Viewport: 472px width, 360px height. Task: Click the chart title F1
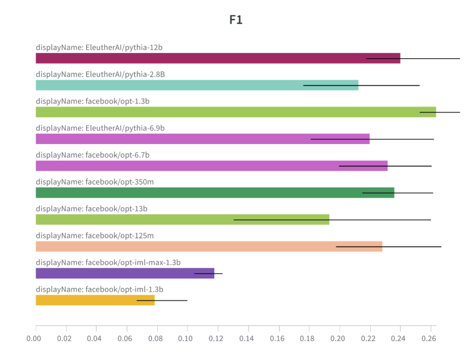pyautogui.click(x=236, y=20)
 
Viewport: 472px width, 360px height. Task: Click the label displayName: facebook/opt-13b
pyautogui.click(x=92, y=209)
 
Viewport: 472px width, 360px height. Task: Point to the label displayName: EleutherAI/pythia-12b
pyautogui.click(x=99, y=48)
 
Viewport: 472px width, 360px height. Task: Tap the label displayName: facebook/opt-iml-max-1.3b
pyautogui.click(x=108, y=262)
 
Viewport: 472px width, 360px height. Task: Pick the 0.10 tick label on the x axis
pyautogui.click(x=186, y=339)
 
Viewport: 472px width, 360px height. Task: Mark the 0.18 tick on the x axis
pyautogui.click(x=308, y=339)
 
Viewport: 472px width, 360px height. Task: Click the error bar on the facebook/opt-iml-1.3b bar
pyautogui.click(x=162, y=300)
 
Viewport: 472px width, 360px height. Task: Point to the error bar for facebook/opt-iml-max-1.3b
pyautogui.click(x=208, y=274)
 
